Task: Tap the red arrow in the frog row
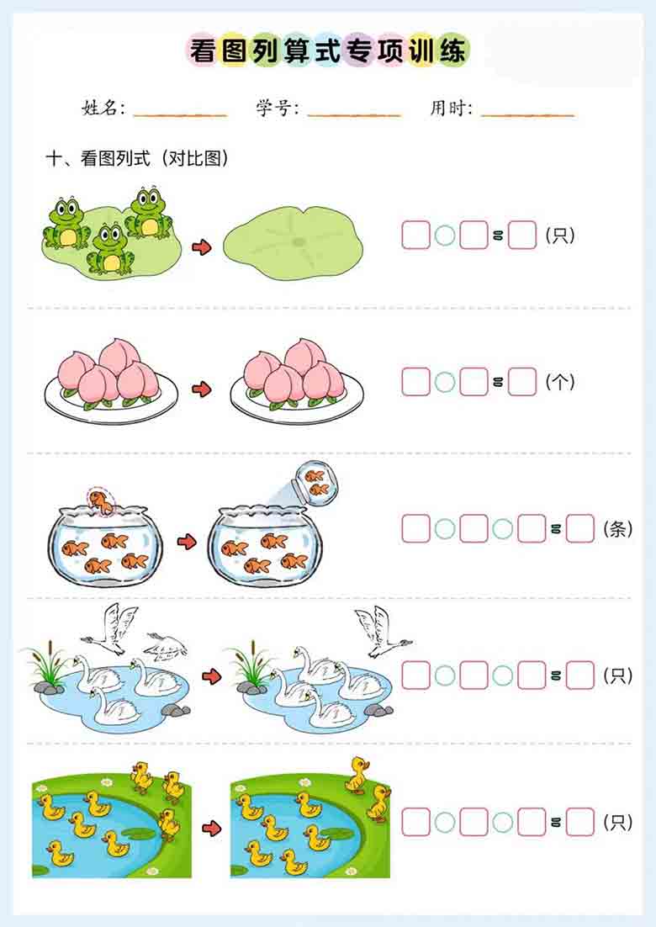pyautogui.click(x=201, y=247)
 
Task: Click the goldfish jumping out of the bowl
pyautogui.click(x=101, y=502)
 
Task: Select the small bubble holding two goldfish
pyautogui.click(x=317, y=482)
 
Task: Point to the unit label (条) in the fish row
pyautogui.click(x=618, y=530)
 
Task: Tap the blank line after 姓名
pyautogui.click(x=179, y=112)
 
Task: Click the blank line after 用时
pyautogui.click(x=527, y=112)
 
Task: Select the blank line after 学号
pyautogui.click(x=353, y=112)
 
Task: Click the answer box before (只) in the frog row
pyautogui.click(x=521, y=236)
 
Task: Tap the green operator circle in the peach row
pyautogui.click(x=445, y=383)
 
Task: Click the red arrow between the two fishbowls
pyautogui.click(x=186, y=541)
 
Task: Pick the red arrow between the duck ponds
pyautogui.click(x=212, y=829)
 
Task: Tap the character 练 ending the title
pyautogui.click(x=451, y=51)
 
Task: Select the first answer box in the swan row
pyautogui.click(x=415, y=675)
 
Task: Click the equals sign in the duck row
pyautogui.click(x=556, y=823)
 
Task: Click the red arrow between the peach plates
pyautogui.click(x=201, y=389)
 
